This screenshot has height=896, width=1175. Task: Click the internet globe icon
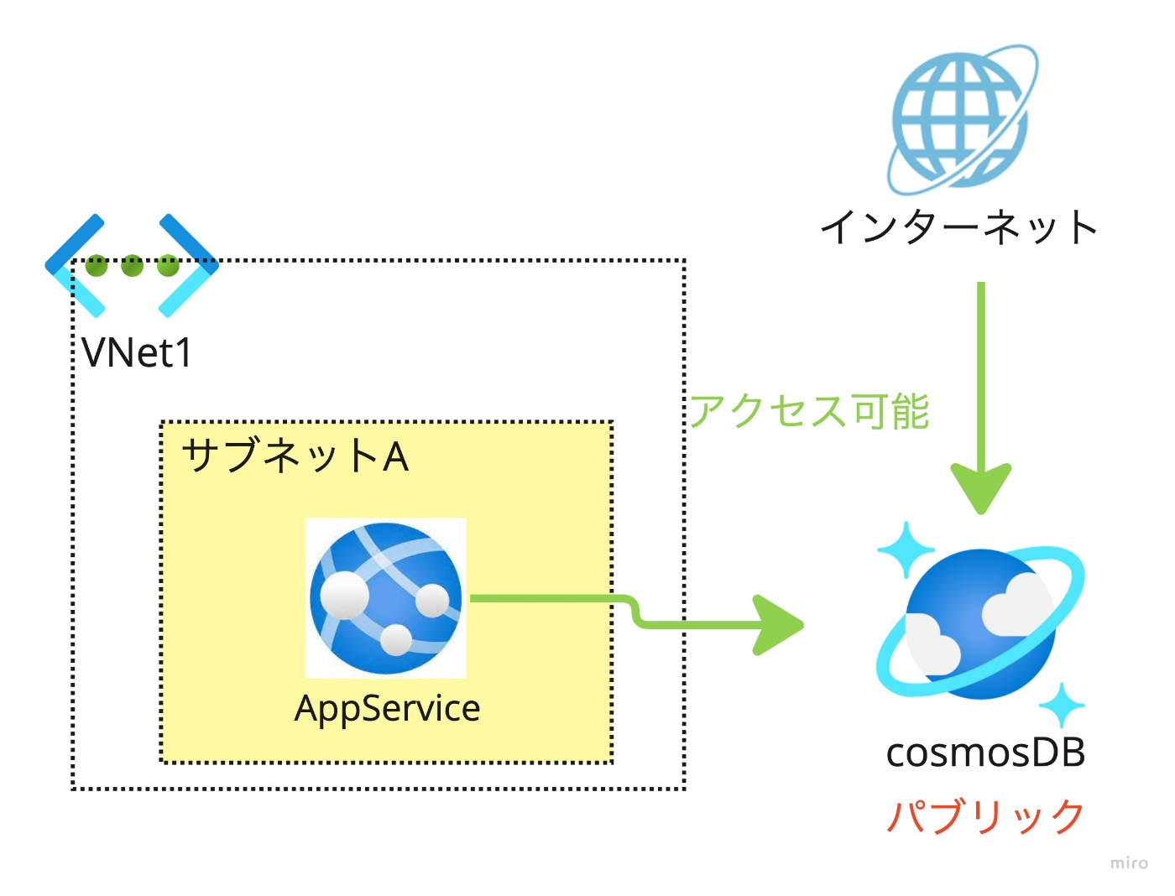point(962,119)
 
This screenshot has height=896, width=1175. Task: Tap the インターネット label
point(958,227)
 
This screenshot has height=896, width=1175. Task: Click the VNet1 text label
point(136,353)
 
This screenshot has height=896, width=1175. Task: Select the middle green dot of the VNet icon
point(133,265)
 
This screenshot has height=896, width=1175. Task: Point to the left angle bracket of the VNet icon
point(75,266)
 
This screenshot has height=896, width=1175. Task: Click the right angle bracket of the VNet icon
point(189,266)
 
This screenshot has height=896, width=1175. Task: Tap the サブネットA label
point(295,456)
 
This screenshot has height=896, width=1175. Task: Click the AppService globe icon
point(385,598)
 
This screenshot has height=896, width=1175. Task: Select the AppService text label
point(387,709)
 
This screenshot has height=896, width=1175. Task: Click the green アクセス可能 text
point(809,411)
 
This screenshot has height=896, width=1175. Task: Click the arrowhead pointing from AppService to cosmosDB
point(778,625)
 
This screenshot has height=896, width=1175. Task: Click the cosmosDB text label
point(985,753)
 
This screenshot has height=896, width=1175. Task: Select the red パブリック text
point(985,817)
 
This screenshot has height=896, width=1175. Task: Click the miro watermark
point(1129,862)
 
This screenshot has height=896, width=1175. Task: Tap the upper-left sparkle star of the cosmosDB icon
point(906,550)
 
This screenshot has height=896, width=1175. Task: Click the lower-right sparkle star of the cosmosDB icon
point(1062,706)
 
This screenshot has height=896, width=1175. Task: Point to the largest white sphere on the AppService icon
point(344,596)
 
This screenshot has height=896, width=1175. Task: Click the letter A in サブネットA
point(395,457)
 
